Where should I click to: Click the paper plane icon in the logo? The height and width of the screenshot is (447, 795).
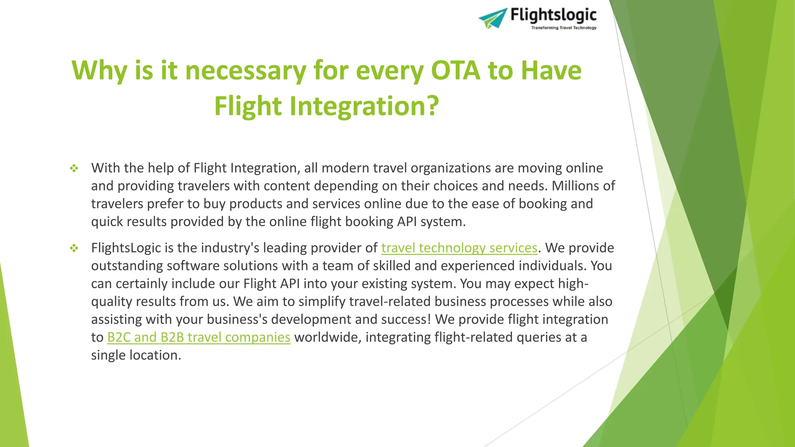click(493, 18)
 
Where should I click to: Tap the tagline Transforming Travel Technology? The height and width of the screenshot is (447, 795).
click(564, 28)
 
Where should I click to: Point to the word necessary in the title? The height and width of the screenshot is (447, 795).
click(246, 71)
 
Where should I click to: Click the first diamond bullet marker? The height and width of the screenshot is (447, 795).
click(74, 168)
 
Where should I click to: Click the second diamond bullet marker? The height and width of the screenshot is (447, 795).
click(74, 248)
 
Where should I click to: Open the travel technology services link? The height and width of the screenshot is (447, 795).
click(459, 248)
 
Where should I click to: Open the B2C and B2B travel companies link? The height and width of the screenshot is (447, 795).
click(199, 337)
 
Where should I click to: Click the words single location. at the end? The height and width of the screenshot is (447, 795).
click(136, 355)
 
